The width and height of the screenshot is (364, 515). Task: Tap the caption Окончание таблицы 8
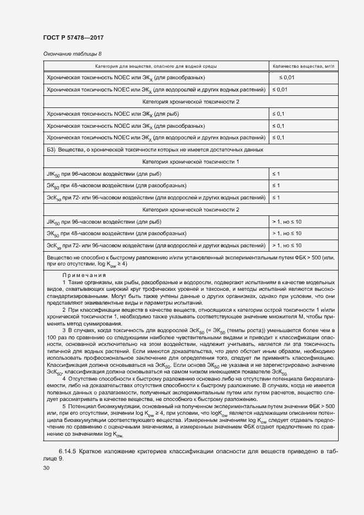(x=72, y=53)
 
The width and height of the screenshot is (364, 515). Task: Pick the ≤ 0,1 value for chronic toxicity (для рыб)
(x=278, y=113)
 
